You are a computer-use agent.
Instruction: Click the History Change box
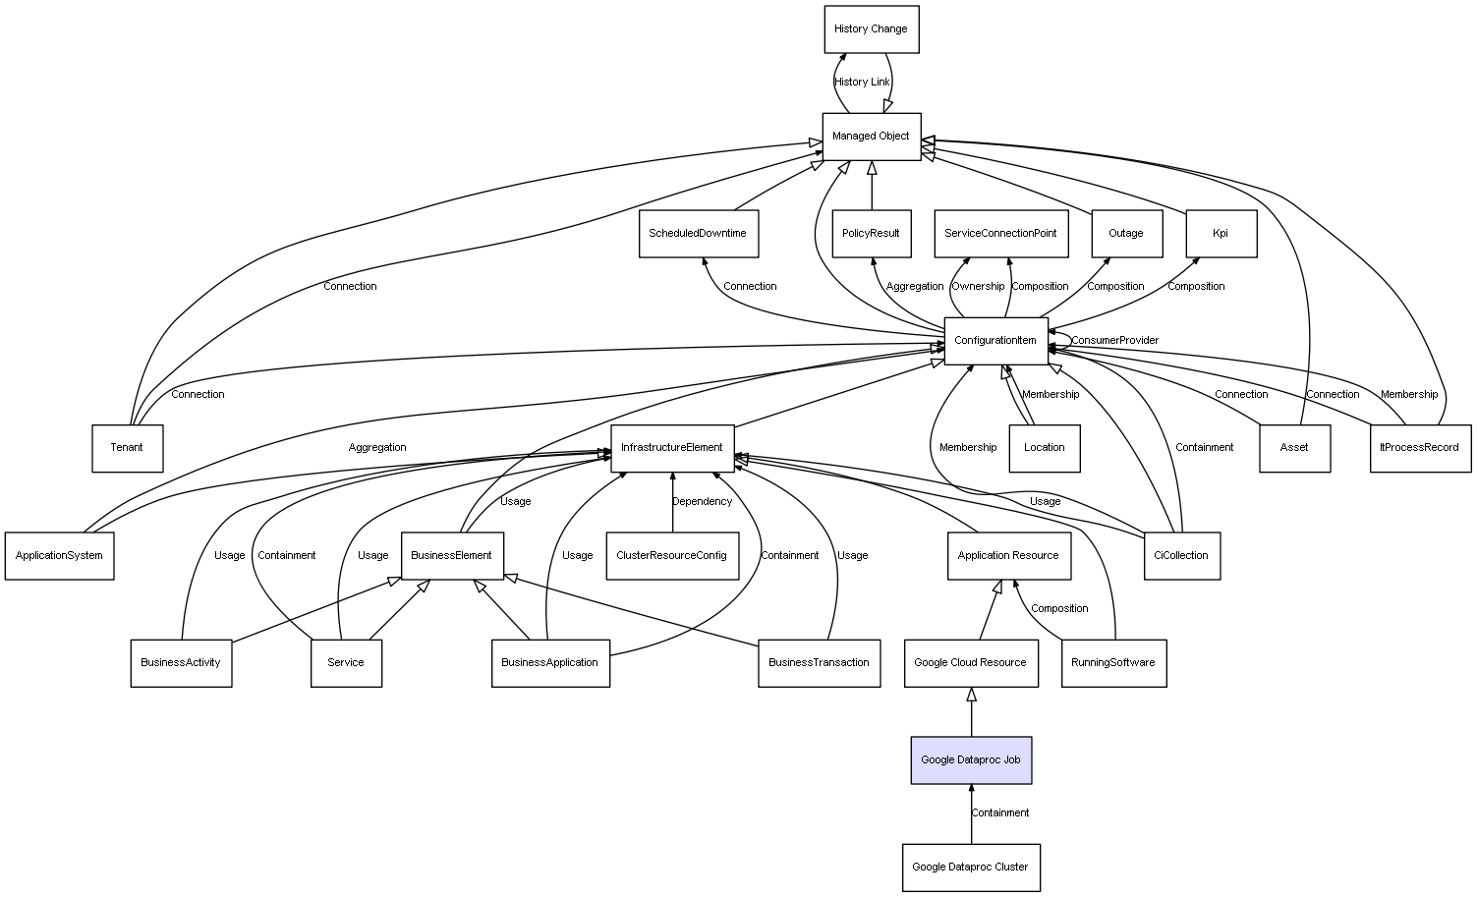[871, 29]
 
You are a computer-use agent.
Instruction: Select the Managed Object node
[871, 137]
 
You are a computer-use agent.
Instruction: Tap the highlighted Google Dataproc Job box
[971, 760]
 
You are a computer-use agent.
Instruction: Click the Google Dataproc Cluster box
[971, 868]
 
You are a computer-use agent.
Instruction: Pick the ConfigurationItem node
[995, 341]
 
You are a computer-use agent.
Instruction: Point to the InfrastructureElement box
[672, 448]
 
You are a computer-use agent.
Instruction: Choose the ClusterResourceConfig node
[672, 556]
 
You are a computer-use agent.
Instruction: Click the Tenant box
[127, 448]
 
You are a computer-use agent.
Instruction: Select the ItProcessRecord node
[1420, 448]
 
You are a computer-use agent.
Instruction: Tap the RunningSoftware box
[1113, 663]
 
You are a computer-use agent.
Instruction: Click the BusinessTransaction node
[819, 663]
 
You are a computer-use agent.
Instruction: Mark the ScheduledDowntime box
[698, 234]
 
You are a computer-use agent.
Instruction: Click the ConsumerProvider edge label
[1115, 341]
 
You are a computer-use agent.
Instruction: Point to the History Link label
[862, 83]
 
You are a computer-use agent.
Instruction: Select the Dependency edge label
[703, 502]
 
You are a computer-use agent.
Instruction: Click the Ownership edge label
[979, 287]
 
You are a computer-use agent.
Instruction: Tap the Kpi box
[1221, 234]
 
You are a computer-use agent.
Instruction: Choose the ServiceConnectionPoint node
[1000, 234]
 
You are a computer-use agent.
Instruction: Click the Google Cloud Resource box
[970, 663]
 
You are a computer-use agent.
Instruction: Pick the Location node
[1044, 448]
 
